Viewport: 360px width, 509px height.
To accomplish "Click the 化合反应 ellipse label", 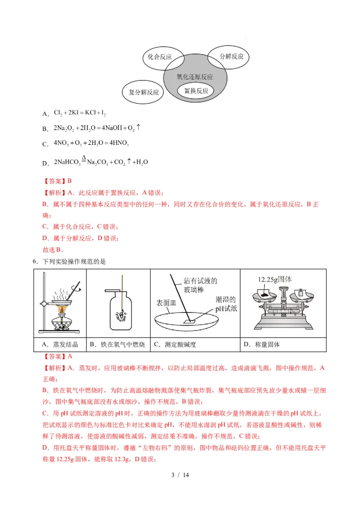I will [160, 57].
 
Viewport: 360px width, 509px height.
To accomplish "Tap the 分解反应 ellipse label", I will [231, 57].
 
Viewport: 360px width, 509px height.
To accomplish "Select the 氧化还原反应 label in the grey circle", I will [194, 77].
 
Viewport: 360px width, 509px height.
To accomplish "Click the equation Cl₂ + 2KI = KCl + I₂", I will [80, 113].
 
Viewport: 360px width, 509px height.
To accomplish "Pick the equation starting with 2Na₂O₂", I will [97, 128].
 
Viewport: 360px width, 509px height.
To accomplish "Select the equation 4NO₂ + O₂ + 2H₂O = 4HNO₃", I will [91, 144].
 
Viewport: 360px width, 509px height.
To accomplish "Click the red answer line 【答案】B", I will [58, 181].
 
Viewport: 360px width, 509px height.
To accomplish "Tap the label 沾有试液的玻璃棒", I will [201, 286].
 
